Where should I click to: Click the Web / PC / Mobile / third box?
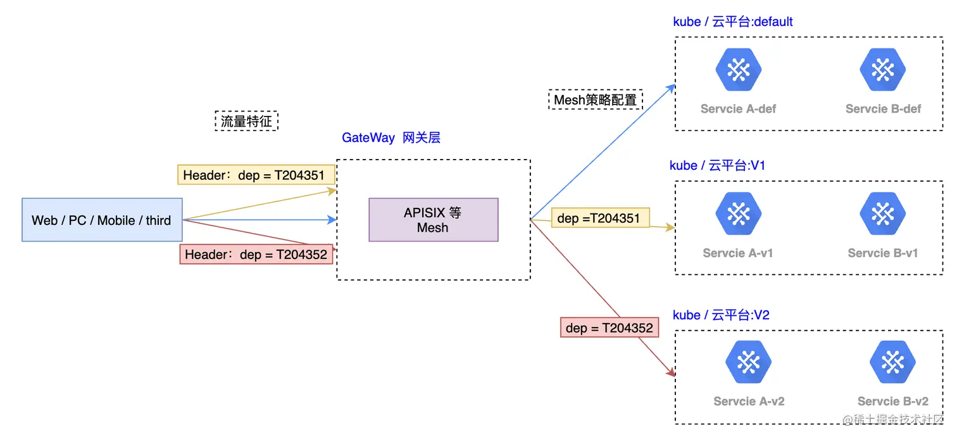pos(102,220)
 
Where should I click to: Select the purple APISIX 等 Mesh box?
pos(433,220)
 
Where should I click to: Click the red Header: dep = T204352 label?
pos(256,254)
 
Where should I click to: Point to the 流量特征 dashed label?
pos(246,121)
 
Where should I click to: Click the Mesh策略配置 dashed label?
pos(595,99)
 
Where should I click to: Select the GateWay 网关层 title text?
pos(391,137)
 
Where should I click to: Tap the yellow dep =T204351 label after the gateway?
pos(599,219)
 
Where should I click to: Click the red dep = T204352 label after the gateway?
pos(609,328)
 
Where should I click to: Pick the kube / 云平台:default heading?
pos(732,22)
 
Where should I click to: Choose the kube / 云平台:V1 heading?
pos(717,165)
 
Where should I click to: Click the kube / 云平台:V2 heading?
pos(720,315)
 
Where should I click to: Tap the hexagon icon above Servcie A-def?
pos(738,70)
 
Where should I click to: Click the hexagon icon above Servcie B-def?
pos(883,70)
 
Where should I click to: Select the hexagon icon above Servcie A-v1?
pos(738,214)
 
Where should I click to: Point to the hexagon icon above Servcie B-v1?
pos(883,214)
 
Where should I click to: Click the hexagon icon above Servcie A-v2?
pos(748,362)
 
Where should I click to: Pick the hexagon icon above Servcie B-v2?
pos(892,362)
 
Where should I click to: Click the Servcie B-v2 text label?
pos(892,401)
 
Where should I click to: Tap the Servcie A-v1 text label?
pos(738,253)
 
